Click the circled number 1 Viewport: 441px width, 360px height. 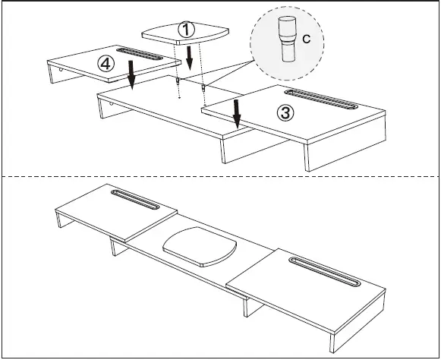click(186, 30)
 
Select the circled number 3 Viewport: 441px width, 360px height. click(284, 113)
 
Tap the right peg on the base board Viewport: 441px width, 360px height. click(203, 87)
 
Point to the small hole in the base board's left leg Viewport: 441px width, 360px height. click(111, 106)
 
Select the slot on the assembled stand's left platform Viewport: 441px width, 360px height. click(136, 199)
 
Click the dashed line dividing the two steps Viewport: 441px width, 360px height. click(220, 176)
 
